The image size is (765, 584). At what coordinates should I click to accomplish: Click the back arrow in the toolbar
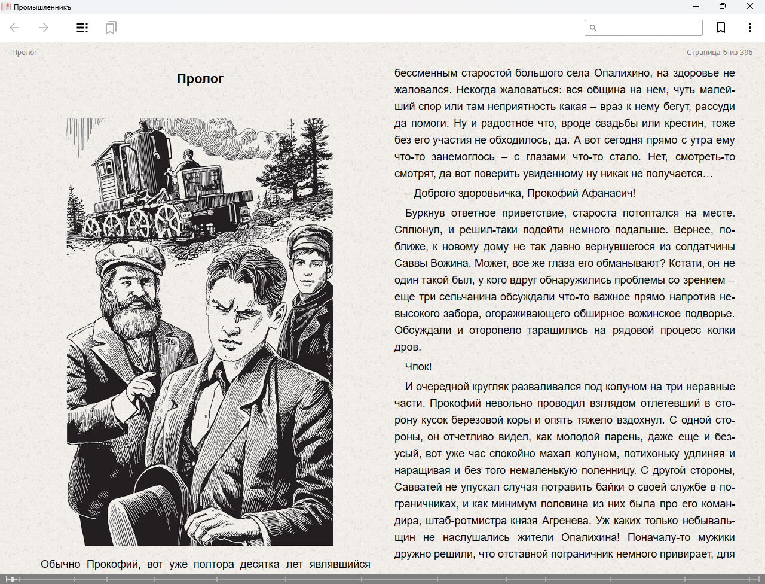tap(15, 28)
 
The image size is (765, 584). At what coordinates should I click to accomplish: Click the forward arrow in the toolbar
tap(44, 28)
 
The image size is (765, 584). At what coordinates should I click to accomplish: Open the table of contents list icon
tap(82, 28)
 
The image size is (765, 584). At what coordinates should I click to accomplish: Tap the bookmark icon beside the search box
tap(721, 28)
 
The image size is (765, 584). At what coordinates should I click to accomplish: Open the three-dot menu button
tap(749, 28)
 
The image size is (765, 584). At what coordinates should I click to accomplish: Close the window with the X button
tap(750, 7)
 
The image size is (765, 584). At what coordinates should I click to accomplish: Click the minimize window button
tap(696, 7)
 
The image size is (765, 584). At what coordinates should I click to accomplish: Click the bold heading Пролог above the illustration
tap(200, 78)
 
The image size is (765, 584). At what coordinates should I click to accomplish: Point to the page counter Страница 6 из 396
tap(720, 53)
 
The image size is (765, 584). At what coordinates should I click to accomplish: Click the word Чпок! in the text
tap(418, 367)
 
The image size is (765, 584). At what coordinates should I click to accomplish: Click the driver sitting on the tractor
tap(188, 162)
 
